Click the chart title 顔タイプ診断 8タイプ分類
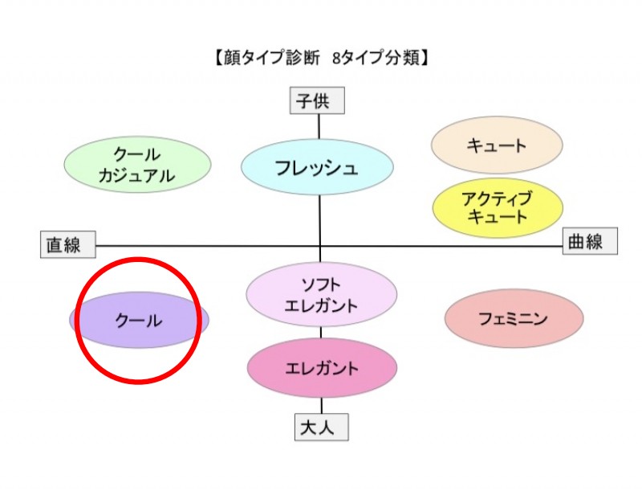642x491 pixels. click(x=320, y=58)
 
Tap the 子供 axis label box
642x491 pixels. click(x=318, y=101)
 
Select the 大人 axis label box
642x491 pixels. click(x=321, y=428)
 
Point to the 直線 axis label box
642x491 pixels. click(x=67, y=244)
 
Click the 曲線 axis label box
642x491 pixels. click(x=590, y=241)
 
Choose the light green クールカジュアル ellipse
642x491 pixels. click(x=137, y=166)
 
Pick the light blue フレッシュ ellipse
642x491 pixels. click(x=317, y=169)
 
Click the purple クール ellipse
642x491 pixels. click(x=139, y=320)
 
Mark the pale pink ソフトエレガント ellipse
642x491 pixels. click(x=322, y=295)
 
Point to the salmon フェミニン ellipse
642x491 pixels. click(x=514, y=319)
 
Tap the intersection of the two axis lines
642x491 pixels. click(x=320, y=246)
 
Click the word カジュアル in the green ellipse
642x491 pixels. click(x=137, y=177)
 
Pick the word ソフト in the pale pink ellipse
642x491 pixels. click(x=322, y=284)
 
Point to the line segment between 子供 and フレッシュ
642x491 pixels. click(x=319, y=126)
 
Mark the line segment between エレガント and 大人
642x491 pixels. click(x=322, y=406)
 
